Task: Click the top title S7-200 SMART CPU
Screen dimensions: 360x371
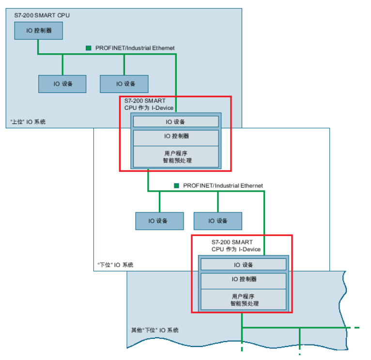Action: pyautogui.click(x=42, y=15)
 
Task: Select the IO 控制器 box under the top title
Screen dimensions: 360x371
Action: pyautogui.click(x=38, y=30)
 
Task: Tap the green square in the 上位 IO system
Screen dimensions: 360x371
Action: pyautogui.click(x=88, y=48)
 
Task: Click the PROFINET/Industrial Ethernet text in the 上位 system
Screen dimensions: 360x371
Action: pyautogui.click(x=135, y=48)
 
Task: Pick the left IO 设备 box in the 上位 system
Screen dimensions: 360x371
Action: pyautogui.click(x=62, y=84)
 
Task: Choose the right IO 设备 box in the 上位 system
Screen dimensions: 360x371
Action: pyautogui.click(x=124, y=84)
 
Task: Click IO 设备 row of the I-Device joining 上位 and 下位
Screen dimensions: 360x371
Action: pyautogui.click(x=176, y=122)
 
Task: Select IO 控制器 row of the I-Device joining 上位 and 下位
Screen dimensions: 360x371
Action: pyautogui.click(x=176, y=136)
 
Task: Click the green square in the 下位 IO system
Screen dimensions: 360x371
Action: pyautogui.click(x=177, y=185)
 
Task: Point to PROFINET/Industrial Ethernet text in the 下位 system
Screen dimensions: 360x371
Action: pyautogui.click(x=223, y=185)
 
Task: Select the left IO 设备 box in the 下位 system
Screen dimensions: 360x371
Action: pyautogui.click(x=159, y=221)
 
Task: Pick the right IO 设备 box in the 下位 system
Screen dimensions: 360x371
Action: pyautogui.click(x=218, y=221)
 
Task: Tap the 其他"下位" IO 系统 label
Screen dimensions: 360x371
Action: pyautogui.click(x=155, y=330)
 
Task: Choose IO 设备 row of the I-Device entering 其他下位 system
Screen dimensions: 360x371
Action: pyautogui.click(x=244, y=265)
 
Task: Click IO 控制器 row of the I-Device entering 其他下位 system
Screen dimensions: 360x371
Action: pyautogui.click(x=244, y=279)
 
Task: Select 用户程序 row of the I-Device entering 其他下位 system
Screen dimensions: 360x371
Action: pyautogui.click(x=244, y=300)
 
